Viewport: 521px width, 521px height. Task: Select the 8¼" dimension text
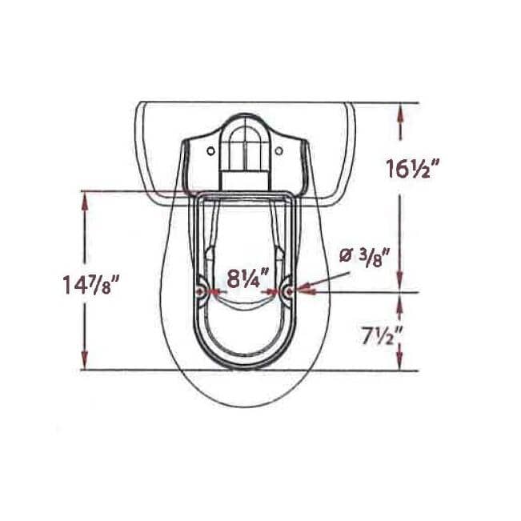246,280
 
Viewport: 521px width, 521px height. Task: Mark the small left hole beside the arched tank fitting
210,150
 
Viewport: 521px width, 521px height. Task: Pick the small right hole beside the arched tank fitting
279,150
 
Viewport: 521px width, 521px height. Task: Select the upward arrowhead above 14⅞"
83,199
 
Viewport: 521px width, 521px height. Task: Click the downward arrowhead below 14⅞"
83,363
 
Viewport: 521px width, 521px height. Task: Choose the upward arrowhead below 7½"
401,363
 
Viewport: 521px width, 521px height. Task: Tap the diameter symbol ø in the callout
345,256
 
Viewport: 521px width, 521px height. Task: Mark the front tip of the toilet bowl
244,407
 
